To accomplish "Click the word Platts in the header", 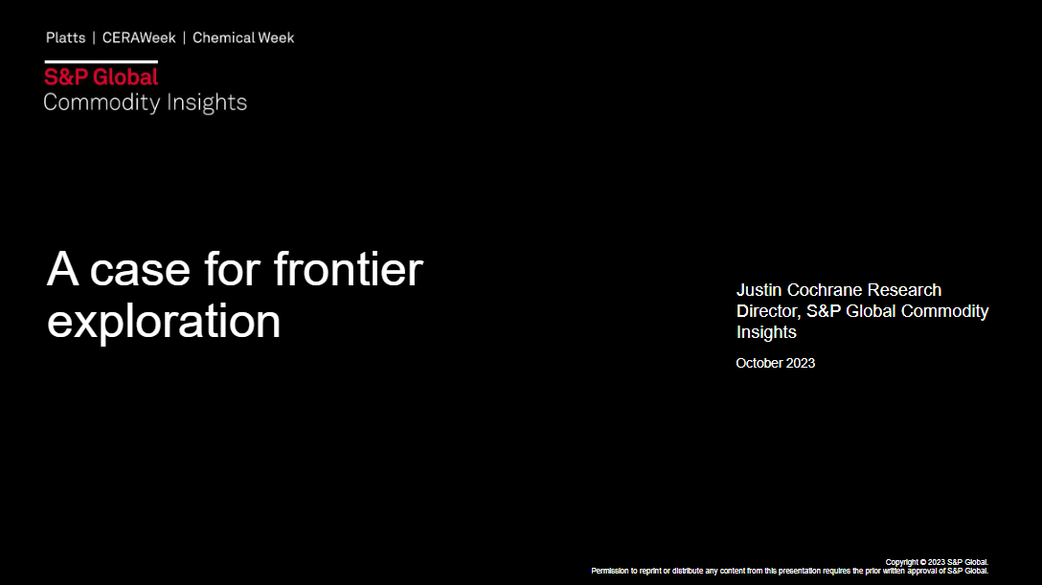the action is pos(66,38).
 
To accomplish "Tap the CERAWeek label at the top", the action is pos(139,38).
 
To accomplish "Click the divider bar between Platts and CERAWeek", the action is pos(94,38).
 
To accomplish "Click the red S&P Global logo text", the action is pos(101,77).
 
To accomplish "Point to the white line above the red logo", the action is pos(101,61).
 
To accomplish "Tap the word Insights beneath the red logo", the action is pos(207,102).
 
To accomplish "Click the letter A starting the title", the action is pos(62,269).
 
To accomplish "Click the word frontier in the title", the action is pos(349,269).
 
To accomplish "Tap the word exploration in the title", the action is pos(164,322).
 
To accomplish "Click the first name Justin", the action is pos(759,290).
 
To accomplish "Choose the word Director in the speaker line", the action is pos(768,311).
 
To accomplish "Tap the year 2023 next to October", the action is pos(800,363).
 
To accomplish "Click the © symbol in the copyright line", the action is pos(923,562).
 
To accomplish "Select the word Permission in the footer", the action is pos(609,571).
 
